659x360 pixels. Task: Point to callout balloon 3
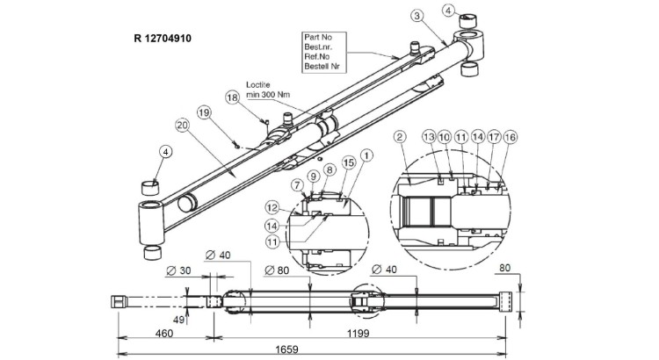[x=416, y=15]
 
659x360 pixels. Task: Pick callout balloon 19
[x=204, y=112]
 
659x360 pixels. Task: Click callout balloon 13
[x=429, y=137]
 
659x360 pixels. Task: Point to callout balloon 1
[x=367, y=154]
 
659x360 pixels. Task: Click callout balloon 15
[x=347, y=162]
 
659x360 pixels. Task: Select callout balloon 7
[x=298, y=184]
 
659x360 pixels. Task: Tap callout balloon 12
[x=272, y=207]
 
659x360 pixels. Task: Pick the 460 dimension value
[x=163, y=335]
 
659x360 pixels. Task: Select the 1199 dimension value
[x=357, y=335]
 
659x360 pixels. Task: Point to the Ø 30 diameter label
[x=181, y=272]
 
